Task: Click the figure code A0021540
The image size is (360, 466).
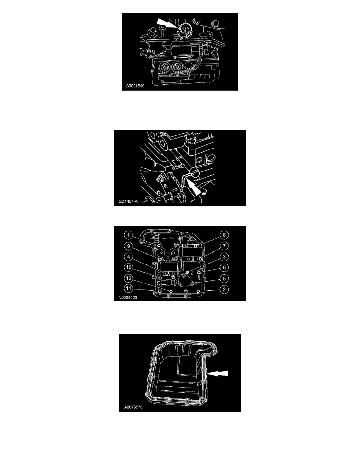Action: (135, 86)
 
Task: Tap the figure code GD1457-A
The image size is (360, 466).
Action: (128, 202)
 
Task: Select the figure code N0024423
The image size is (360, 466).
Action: (128, 297)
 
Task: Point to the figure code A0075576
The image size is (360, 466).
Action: (133, 407)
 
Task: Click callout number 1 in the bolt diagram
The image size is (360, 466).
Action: (129, 235)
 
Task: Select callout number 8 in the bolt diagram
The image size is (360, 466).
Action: (224, 235)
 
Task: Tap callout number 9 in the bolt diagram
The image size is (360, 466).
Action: (129, 246)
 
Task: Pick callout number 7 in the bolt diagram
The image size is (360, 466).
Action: (224, 246)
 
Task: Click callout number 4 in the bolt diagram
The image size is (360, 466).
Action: (129, 257)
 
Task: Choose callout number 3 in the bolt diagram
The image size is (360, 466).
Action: (224, 257)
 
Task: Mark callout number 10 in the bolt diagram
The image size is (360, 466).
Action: (129, 267)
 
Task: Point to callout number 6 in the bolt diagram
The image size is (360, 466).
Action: (224, 267)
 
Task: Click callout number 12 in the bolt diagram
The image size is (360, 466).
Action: (129, 278)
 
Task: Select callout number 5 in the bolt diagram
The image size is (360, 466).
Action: (224, 278)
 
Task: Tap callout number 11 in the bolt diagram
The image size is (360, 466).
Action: (129, 288)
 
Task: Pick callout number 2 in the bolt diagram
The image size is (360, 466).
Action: (224, 289)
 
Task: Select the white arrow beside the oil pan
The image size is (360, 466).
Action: (217, 373)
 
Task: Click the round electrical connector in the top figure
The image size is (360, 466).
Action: (184, 30)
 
